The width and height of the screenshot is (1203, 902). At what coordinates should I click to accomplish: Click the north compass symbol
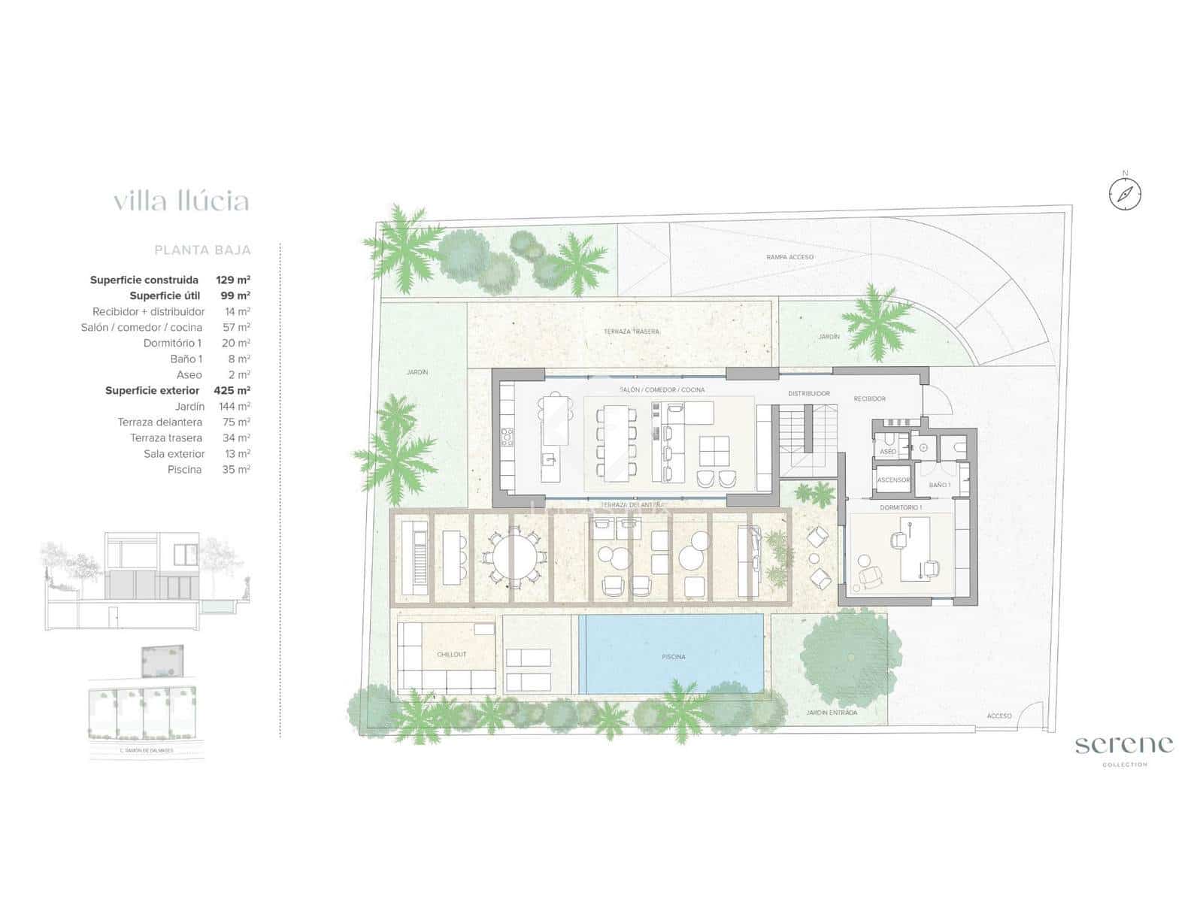pos(1125,194)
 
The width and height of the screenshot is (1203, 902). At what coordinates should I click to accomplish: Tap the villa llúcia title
pos(181,201)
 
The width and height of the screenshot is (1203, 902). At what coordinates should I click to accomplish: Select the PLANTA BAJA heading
pos(202,250)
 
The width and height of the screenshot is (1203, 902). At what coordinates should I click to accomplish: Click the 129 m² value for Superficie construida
pos(233,280)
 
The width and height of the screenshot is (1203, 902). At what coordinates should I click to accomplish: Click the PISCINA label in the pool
pos(674,656)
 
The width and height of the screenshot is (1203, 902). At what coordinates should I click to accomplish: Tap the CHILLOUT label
pos(452,654)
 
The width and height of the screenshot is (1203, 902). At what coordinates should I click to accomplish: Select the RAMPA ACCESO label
pos(789,257)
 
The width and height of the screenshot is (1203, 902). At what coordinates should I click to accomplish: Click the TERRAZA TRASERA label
pos(631,331)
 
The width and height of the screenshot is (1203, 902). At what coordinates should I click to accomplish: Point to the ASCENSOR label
pos(893,480)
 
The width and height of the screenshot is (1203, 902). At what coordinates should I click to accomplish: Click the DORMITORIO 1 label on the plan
pos(900,508)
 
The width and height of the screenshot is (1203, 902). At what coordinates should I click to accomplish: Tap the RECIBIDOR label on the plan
pos(869,398)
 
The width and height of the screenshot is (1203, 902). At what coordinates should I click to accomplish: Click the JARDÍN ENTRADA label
pos(831,713)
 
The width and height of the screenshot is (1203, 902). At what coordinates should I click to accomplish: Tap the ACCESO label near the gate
pos(999,716)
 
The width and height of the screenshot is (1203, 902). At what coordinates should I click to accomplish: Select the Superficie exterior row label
pos(152,390)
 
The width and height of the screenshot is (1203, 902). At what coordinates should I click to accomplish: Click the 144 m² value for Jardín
pos(235,406)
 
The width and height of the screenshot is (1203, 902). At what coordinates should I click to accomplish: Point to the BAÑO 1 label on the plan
pos(939,485)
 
